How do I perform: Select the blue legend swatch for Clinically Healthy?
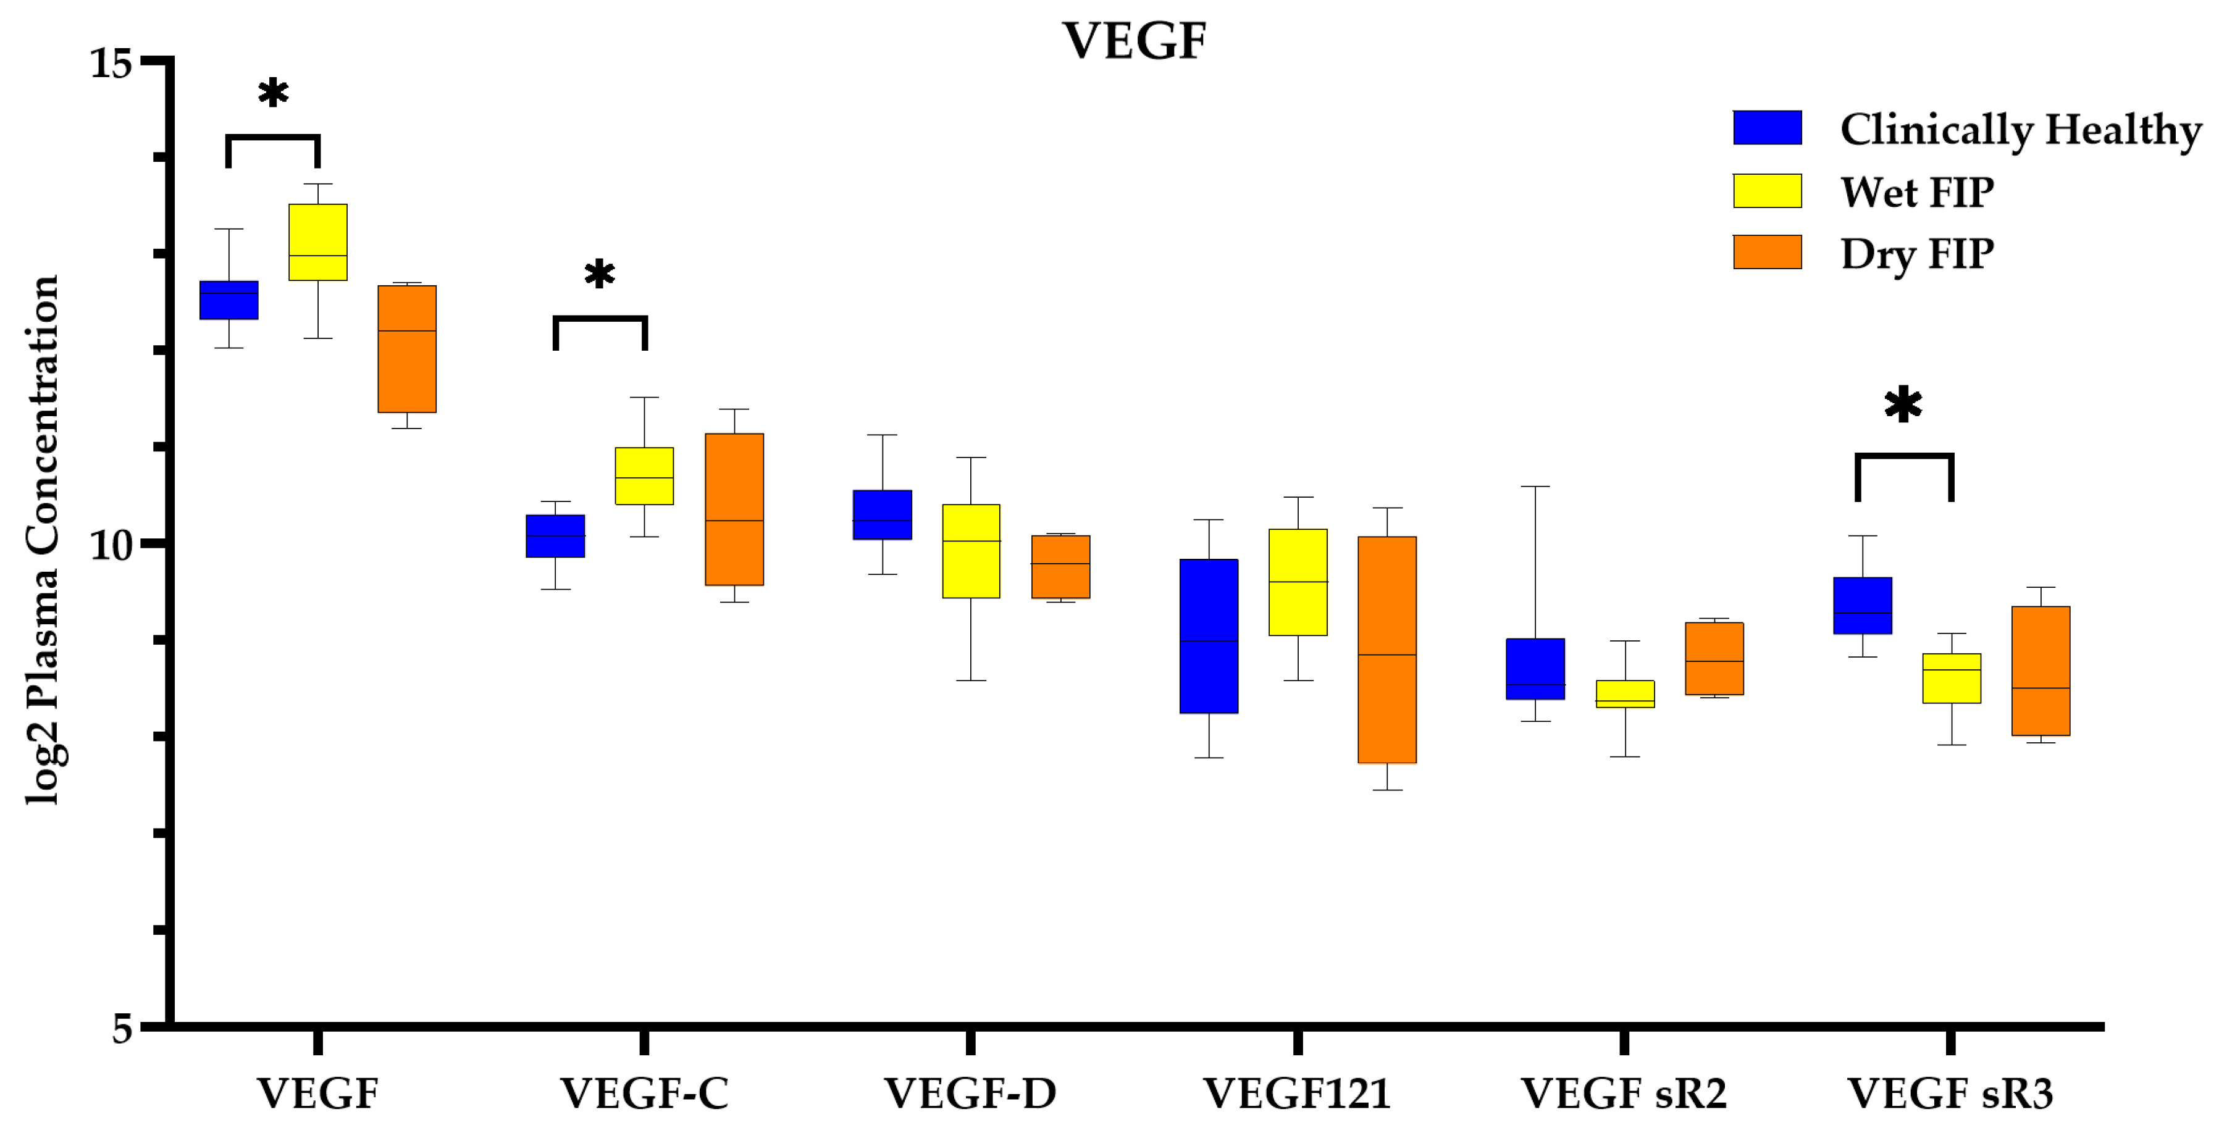click(1767, 127)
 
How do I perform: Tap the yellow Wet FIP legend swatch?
click(1767, 190)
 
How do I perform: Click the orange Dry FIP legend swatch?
click(1767, 253)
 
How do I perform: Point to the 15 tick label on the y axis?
click(112, 63)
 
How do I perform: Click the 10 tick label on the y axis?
click(112, 545)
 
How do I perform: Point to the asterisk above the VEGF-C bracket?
click(600, 275)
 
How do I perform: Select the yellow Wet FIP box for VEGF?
click(318, 242)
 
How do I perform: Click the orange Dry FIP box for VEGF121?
click(1387, 650)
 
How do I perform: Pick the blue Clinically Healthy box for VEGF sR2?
click(1535, 668)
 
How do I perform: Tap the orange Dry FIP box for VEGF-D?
click(1060, 567)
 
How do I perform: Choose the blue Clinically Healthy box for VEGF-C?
click(556, 536)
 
